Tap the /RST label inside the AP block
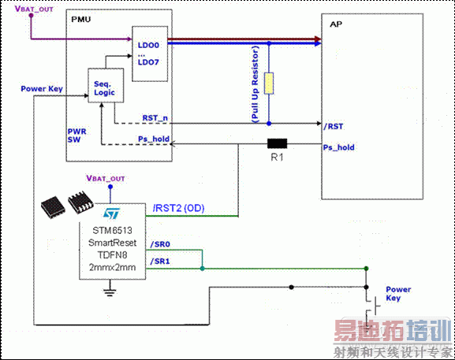[x=334, y=125]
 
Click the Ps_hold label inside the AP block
[x=339, y=147]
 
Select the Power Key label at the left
[x=42, y=89]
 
